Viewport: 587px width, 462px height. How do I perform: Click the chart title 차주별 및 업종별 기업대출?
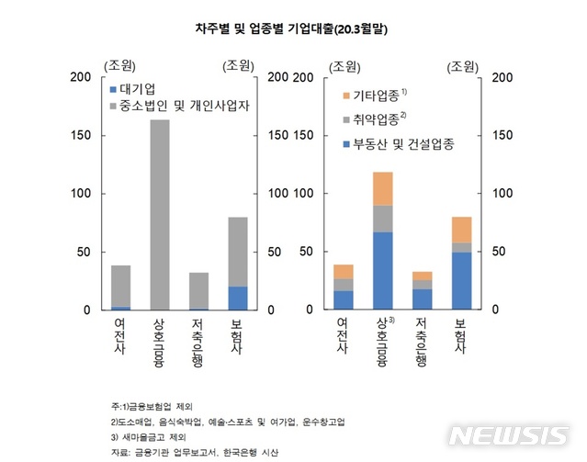click(x=290, y=29)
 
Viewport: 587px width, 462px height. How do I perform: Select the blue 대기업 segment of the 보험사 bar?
click(x=239, y=299)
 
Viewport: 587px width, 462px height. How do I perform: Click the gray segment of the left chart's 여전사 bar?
click(x=120, y=286)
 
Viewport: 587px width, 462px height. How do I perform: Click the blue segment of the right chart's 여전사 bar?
click(x=344, y=300)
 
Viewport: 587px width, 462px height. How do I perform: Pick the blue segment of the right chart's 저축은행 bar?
click(x=422, y=299)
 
